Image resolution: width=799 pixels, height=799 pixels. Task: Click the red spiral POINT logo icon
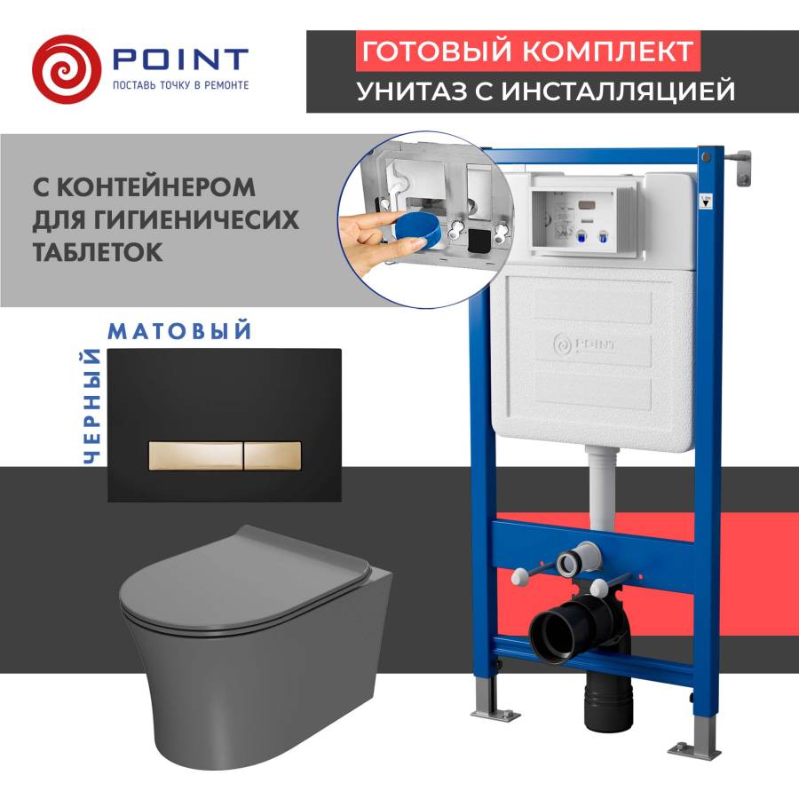(x=66, y=69)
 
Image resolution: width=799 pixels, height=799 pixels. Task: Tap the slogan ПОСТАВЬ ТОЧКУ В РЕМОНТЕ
(x=180, y=85)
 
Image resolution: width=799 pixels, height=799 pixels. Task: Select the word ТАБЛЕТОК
(x=98, y=252)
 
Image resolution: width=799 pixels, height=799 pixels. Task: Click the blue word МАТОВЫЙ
(x=179, y=331)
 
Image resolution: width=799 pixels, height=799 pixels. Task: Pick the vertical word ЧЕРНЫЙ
(x=92, y=407)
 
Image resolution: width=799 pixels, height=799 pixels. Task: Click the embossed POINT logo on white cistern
(x=584, y=344)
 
